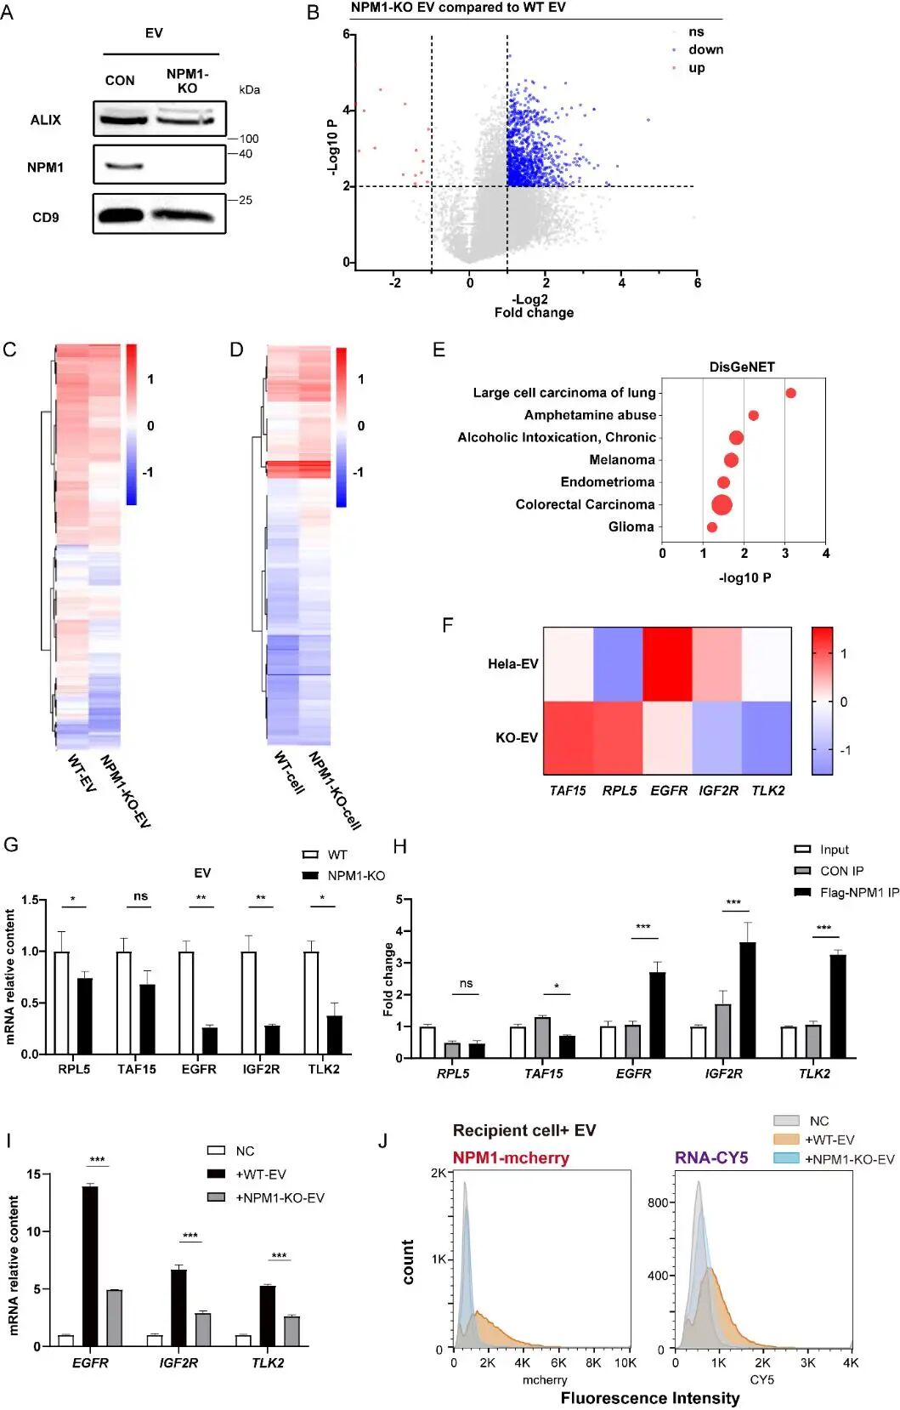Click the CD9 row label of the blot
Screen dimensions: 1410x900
tap(46, 218)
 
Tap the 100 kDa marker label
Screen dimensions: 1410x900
tap(248, 139)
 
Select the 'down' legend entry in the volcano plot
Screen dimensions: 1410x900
tap(705, 50)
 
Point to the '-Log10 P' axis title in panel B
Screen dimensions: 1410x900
tap(332, 147)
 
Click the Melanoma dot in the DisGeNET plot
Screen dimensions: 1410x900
tap(731, 460)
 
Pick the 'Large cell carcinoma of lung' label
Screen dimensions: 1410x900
tap(564, 393)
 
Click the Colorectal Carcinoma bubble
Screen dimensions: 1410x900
tap(722, 504)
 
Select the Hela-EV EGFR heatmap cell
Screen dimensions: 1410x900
tap(668, 664)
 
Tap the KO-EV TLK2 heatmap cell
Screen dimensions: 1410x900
tap(767, 737)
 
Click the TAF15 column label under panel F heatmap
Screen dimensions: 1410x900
tap(568, 791)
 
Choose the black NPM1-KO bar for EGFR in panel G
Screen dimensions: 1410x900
tap(210, 1041)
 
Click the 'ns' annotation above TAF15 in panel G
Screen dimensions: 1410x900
tap(140, 896)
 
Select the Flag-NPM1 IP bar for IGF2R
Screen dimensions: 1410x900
tap(748, 1000)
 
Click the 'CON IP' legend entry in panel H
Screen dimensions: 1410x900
tap(841, 871)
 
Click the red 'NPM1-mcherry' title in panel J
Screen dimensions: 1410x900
tap(511, 1158)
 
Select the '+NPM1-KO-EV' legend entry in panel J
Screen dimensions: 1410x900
tap(849, 1159)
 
